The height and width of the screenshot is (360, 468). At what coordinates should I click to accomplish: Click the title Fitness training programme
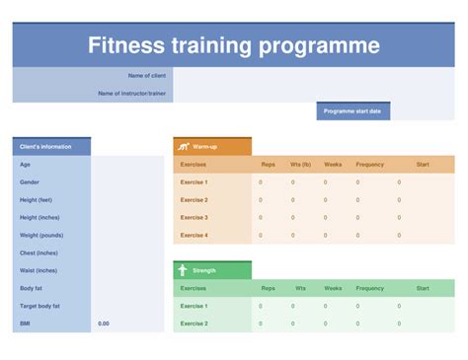233,45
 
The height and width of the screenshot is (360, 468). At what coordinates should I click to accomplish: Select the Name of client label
147,76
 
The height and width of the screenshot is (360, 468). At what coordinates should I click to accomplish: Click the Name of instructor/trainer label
132,94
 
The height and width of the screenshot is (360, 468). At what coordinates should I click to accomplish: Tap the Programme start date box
352,111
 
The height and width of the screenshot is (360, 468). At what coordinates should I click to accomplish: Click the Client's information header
46,147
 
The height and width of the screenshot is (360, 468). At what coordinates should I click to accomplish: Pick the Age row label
25,165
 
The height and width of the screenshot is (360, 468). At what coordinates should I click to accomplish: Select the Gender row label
30,182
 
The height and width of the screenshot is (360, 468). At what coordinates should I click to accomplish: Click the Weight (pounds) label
41,235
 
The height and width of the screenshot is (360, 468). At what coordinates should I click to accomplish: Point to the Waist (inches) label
39,270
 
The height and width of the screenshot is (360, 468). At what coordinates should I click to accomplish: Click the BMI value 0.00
104,324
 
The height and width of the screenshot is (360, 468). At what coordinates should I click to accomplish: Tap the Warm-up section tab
212,147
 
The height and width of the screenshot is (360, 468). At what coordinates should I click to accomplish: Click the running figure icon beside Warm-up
183,147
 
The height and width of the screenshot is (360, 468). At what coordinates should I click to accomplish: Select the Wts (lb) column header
299,165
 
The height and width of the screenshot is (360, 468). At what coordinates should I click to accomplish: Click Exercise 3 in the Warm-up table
195,217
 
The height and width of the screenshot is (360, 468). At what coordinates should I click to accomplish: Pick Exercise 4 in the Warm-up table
195,235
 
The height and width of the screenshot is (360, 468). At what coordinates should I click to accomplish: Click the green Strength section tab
212,270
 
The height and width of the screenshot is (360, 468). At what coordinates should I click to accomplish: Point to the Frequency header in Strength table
370,288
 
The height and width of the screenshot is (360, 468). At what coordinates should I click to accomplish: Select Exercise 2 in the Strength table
195,324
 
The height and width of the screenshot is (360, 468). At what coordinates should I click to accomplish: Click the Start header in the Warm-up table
423,165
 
